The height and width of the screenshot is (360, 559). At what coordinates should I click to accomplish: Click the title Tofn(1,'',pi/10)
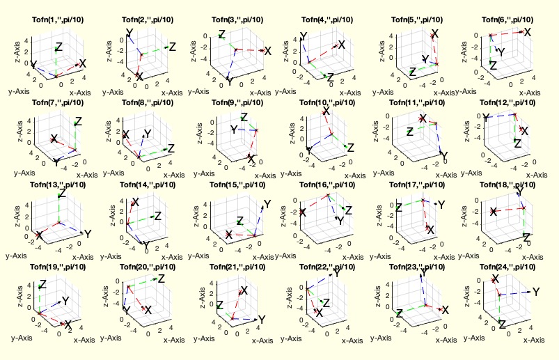58,19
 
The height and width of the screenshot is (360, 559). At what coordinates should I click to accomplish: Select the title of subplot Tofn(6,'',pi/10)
506,19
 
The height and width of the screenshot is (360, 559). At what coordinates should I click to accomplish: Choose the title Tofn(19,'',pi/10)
58,267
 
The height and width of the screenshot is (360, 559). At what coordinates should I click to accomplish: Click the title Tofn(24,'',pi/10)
506,267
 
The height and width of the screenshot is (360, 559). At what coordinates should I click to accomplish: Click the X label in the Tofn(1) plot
83,63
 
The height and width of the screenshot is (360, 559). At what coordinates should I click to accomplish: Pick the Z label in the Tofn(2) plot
172,47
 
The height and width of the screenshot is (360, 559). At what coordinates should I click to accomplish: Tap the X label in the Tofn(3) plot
267,50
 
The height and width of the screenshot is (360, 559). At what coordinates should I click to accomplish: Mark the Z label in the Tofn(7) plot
78,121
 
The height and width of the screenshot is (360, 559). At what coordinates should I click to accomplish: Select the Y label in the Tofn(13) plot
88,234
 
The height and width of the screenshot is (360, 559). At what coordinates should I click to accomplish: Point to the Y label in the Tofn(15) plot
267,204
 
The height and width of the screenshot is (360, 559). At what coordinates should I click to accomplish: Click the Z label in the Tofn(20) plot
161,279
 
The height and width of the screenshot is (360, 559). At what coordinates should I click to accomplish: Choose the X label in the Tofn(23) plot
446,310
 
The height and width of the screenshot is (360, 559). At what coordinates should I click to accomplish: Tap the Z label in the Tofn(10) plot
349,148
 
